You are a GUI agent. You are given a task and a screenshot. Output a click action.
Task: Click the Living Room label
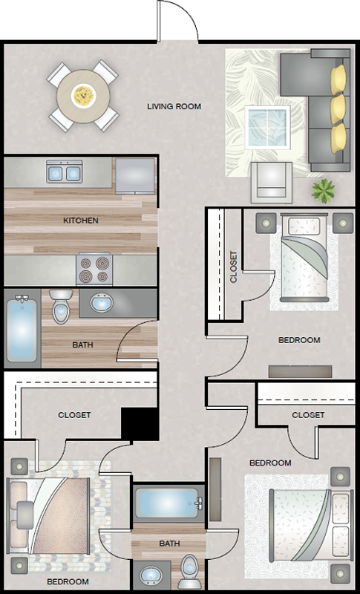click(174, 106)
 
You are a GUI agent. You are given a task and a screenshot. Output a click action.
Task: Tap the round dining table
click(83, 96)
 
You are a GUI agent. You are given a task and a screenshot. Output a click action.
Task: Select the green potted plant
click(324, 191)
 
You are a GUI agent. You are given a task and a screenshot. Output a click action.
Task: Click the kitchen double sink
click(65, 172)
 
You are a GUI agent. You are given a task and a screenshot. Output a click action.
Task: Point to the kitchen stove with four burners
click(94, 269)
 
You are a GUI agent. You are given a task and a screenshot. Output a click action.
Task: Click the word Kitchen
click(81, 220)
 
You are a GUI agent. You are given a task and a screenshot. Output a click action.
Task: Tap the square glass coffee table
click(268, 128)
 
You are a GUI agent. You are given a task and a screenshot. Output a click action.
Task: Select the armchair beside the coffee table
click(272, 183)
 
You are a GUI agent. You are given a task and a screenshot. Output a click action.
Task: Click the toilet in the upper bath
click(61, 306)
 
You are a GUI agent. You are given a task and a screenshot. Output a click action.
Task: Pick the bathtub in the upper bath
click(22, 328)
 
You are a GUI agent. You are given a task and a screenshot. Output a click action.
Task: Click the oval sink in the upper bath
click(102, 303)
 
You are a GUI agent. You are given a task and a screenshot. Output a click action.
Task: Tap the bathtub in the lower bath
click(168, 503)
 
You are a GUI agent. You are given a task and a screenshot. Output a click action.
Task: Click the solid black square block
click(140, 424)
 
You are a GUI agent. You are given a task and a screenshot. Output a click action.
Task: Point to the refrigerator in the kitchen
click(135, 176)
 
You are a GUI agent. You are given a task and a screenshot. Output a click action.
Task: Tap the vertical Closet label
click(234, 267)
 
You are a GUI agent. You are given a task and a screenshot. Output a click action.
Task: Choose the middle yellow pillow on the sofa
click(338, 109)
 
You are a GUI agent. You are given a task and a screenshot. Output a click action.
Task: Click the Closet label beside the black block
click(74, 415)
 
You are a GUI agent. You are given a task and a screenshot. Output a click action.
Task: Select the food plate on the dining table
click(83, 96)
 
